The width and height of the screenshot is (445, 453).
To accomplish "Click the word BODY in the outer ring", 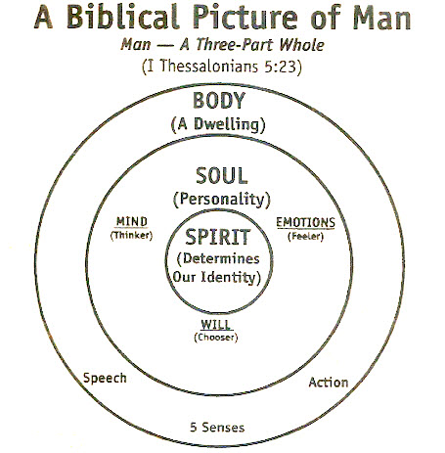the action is click(x=219, y=101).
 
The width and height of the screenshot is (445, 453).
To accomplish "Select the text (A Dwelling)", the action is click(x=218, y=124).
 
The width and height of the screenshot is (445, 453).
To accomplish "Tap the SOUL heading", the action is click(x=222, y=176).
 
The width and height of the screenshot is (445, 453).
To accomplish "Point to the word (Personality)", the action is click(x=222, y=200).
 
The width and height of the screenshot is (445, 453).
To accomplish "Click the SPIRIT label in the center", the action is click(x=217, y=237).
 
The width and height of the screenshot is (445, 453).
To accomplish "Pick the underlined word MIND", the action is click(x=132, y=222).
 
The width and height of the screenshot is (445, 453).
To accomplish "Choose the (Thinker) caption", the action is click(x=131, y=235).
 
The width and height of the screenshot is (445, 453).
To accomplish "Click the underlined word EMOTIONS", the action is click(x=305, y=223).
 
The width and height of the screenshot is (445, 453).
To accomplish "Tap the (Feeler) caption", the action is click(x=305, y=236).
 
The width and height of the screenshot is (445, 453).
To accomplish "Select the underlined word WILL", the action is click(x=216, y=325).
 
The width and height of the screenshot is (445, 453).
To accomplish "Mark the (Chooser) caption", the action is click(x=216, y=338).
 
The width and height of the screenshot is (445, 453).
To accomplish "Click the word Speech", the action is click(x=105, y=379).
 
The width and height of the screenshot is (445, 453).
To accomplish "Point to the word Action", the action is click(x=329, y=383).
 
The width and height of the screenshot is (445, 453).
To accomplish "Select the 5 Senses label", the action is click(x=217, y=428).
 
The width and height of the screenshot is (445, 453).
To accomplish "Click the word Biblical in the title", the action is click(x=122, y=17).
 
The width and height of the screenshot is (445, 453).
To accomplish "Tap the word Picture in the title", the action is click(x=245, y=17).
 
